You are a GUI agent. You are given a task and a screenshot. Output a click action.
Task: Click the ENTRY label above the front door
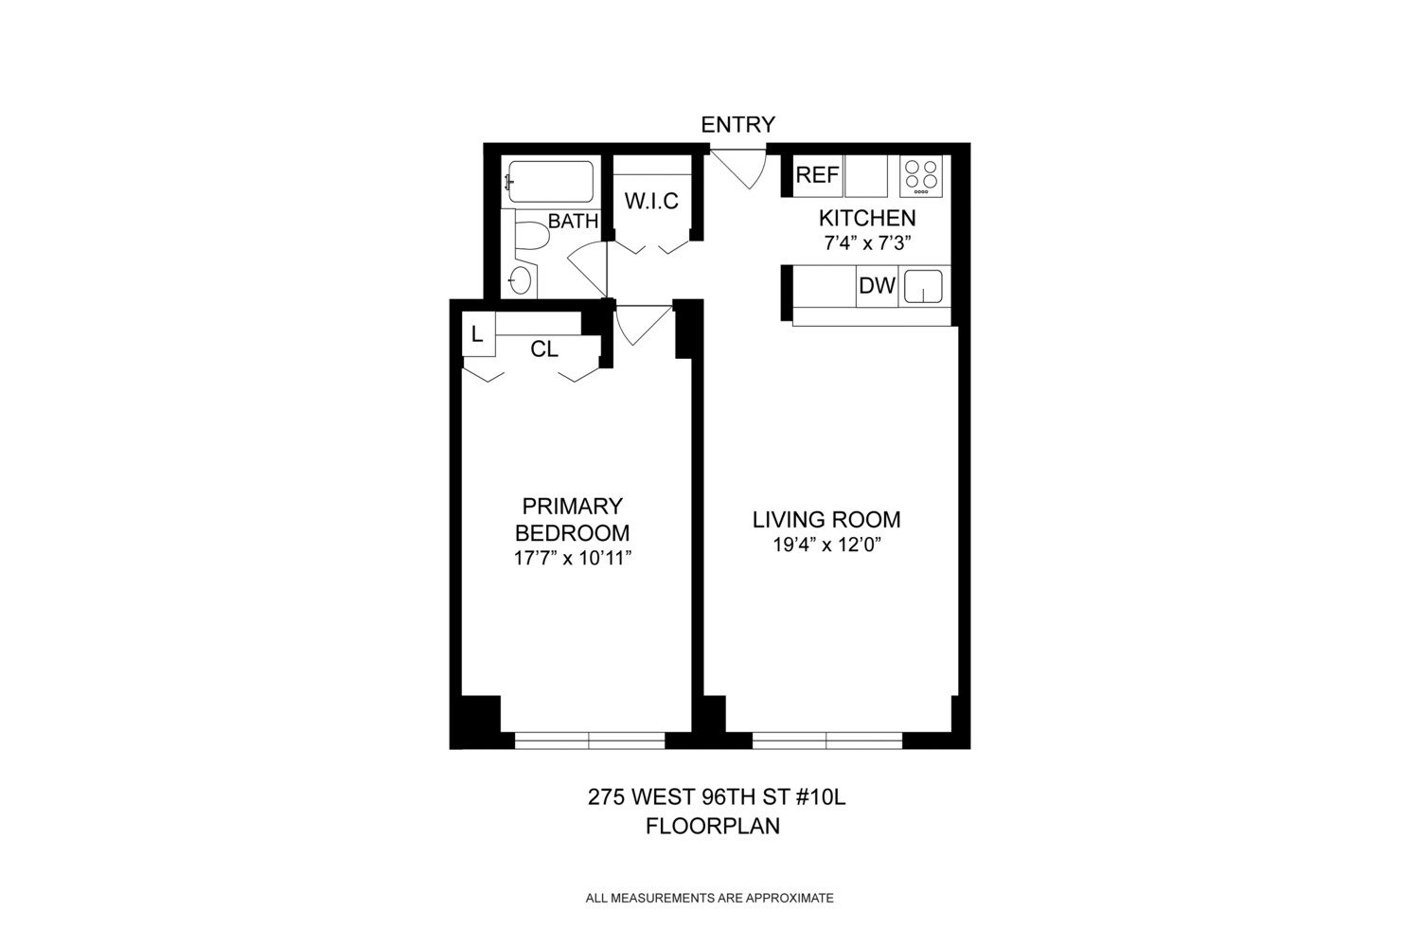(x=737, y=124)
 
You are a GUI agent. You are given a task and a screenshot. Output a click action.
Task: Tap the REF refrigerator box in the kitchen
(x=817, y=176)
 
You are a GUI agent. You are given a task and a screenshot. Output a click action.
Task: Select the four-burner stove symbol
(x=920, y=176)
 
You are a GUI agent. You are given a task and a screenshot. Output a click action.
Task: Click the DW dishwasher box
(x=877, y=286)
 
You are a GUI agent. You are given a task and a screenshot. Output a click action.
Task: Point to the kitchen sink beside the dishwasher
(x=923, y=286)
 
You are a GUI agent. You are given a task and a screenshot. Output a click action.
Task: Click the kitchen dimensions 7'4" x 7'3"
(x=866, y=242)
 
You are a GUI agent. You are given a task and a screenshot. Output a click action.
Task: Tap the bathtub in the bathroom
(x=550, y=182)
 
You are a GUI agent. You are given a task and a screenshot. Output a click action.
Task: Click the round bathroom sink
(x=520, y=279)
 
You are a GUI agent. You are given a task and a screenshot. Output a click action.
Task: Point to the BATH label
(x=573, y=222)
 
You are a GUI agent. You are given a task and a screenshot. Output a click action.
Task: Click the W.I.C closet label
(x=651, y=202)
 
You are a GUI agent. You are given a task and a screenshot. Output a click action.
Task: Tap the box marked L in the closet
(x=478, y=334)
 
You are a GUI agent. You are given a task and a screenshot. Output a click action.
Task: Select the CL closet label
(x=544, y=349)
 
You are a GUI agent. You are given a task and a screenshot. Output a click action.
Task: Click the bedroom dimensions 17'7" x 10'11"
(x=572, y=559)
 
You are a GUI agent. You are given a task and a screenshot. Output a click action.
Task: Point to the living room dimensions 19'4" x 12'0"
(x=826, y=545)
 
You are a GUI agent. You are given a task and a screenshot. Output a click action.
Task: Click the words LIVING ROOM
(x=826, y=519)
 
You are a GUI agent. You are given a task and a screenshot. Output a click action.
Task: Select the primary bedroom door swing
(x=638, y=328)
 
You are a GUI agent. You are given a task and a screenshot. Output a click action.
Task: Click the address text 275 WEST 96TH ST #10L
(x=716, y=797)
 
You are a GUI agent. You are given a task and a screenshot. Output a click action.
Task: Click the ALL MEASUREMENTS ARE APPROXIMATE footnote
(x=709, y=898)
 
